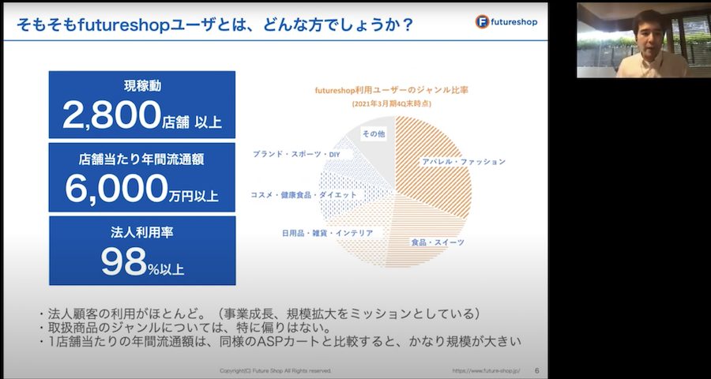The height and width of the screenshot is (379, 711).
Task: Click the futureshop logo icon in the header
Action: [482, 22]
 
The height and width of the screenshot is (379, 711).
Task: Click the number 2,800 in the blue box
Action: [111, 114]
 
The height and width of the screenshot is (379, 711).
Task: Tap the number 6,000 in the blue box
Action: [116, 188]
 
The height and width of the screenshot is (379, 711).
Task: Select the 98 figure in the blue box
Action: [123, 262]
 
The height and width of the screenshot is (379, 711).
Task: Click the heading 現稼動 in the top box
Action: [142, 86]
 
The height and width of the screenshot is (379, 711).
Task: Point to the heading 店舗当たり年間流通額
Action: [142, 159]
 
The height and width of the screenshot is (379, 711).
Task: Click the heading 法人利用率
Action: [142, 232]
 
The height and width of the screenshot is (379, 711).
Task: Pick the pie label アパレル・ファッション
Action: [464, 161]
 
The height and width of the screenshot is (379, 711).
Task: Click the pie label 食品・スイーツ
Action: [438, 242]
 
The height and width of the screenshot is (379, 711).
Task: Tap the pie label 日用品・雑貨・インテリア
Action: [327, 233]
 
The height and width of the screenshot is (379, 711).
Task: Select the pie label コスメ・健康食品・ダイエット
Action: [303, 195]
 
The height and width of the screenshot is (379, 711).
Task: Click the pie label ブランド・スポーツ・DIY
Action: [296, 154]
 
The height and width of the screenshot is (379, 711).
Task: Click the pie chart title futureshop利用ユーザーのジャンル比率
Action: [391, 90]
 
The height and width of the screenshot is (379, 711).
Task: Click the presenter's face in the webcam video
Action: [650, 32]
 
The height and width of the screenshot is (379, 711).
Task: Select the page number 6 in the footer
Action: [537, 370]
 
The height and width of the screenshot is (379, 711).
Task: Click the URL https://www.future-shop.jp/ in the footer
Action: [486, 370]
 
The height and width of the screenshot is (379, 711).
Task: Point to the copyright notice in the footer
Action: [275, 370]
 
